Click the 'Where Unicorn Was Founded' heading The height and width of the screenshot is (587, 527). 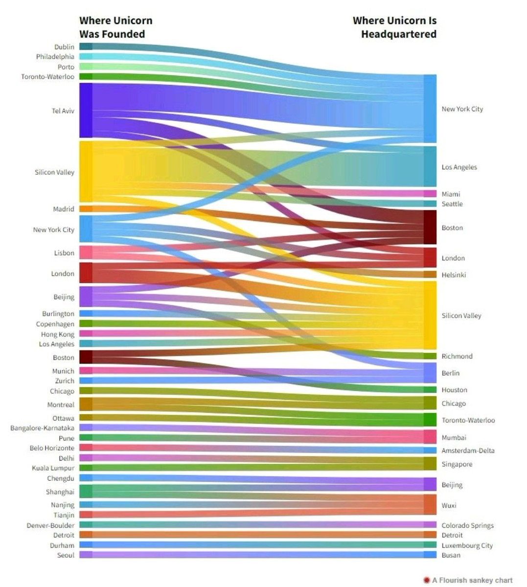pos(115,27)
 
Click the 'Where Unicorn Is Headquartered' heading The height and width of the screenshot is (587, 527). pos(394,27)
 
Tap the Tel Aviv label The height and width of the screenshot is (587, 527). pos(63,111)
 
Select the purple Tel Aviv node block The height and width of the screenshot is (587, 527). pos(86,110)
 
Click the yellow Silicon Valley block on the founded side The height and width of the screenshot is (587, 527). pos(86,171)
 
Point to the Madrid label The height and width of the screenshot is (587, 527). pos(64,209)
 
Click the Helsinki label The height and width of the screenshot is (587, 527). pos(454,275)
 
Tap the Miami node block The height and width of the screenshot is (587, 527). pos(430,194)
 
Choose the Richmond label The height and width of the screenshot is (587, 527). pos(457,356)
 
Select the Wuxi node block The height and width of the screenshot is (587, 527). pos(430,504)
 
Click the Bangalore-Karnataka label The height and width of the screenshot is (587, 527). pos(43,428)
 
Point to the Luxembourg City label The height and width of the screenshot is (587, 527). pos(467,545)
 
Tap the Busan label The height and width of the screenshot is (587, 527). pos(451,555)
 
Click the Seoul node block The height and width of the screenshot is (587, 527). pos(86,555)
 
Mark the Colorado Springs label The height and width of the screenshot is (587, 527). pos(467,525)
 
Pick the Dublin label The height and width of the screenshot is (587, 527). pos(64,47)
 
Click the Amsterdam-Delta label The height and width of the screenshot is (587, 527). pos(468,451)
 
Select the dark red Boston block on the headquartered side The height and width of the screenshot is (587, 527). pos(430,227)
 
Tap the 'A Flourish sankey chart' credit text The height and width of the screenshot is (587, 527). pos(472,580)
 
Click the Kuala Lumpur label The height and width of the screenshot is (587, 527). pos(53,468)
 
